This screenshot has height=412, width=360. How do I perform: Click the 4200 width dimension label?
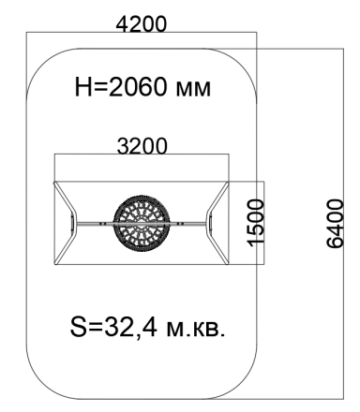(x=142, y=24)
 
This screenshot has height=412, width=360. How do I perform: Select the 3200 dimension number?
(x=142, y=146)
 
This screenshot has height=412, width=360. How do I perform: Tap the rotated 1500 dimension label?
(x=257, y=223)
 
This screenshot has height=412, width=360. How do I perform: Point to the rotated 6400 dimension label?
(x=336, y=224)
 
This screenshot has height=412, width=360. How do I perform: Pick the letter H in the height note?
(x=82, y=87)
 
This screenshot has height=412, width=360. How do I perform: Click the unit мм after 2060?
(x=193, y=89)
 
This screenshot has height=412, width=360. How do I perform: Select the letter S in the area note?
(x=78, y=327)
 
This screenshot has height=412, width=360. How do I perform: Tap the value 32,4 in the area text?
(x=130, y=328)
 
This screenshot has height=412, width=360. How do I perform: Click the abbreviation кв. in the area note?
(x=209, y=330)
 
